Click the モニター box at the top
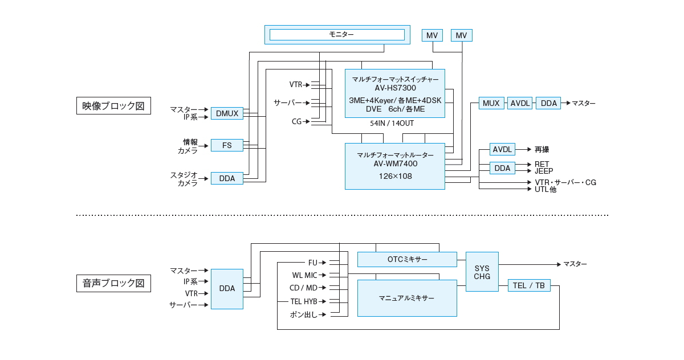point(337,35)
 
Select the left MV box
point(433,35)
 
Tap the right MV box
point(462,35)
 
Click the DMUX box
point(227,113)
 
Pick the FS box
point(227,145)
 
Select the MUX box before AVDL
point(491,103)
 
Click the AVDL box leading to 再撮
point(502,149)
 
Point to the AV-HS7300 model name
point(395,88)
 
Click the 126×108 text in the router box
point(395,176)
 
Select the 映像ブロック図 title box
point(113,105)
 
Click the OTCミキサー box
point(407,259)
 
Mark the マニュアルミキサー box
point(407,298)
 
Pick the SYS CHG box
point(482,272)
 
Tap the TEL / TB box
point(529,285)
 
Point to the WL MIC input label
point(304,275)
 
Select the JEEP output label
point(543,171)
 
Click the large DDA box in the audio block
point(227,289)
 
